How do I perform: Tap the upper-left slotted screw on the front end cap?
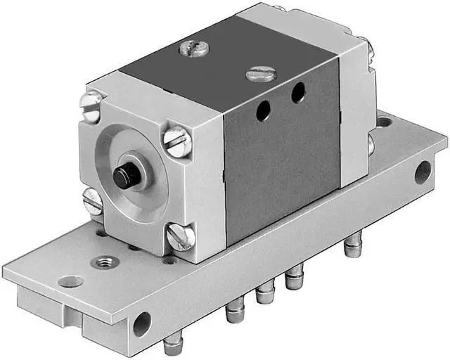91,105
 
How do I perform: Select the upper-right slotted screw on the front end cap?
177,141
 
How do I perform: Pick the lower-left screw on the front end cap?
93,202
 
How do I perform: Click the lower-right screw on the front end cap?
180,236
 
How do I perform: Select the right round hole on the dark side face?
298,91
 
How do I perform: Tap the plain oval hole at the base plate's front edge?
70,282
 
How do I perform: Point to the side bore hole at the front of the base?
142,323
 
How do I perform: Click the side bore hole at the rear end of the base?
423,171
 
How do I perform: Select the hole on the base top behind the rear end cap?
384,122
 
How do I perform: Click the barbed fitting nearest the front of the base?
172,345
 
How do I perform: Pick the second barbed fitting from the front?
235,310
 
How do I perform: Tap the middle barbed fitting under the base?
264,292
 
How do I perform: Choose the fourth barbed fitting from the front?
292,279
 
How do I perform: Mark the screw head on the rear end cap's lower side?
370,145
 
